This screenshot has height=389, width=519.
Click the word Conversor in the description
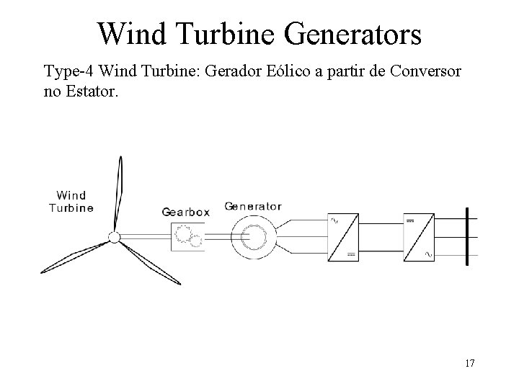pos(428,72)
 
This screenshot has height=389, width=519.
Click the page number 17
pos(469,362)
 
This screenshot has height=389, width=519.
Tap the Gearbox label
pos(186,212)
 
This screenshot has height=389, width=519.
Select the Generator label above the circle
pos(253,206)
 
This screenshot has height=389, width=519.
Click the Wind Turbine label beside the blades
pos(71,202)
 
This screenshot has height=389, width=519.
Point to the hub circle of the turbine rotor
pos(114,238)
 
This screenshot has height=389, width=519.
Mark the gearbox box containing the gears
pos(187,236)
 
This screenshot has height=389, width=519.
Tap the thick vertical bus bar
pos(468,236)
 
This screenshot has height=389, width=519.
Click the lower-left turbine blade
pos(72,258)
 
